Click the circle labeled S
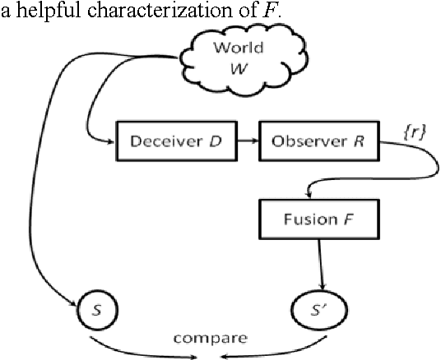pos(98,312)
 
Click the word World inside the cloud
pos(239,46)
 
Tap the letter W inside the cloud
pos(239,65)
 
